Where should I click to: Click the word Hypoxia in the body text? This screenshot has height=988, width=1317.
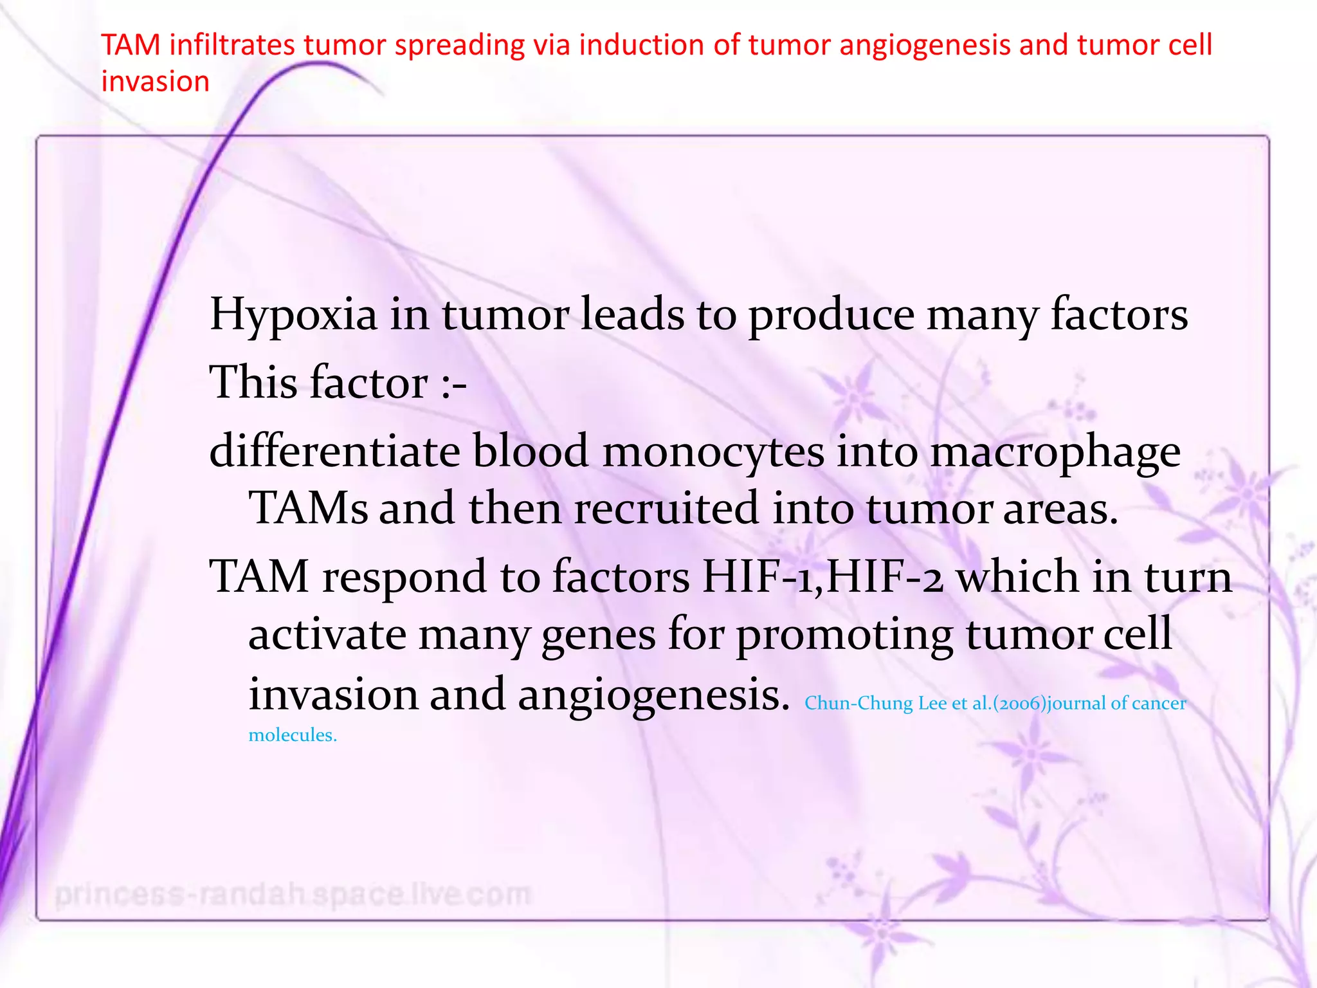293,315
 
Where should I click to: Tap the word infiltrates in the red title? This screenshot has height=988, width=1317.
232,45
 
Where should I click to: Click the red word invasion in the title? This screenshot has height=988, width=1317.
156,82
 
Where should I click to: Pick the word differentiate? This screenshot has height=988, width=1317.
334,451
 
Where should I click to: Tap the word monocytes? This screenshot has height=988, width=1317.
713,451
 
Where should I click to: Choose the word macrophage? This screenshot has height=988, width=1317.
1055,452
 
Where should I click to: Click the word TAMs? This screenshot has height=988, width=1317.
308,508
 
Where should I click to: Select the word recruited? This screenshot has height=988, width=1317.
666,508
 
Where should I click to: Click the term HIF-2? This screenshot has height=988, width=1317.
885,576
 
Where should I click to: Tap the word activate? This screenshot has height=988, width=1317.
327,635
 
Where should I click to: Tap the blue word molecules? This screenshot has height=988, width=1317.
293,735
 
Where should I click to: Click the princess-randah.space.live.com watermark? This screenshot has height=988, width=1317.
293,894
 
